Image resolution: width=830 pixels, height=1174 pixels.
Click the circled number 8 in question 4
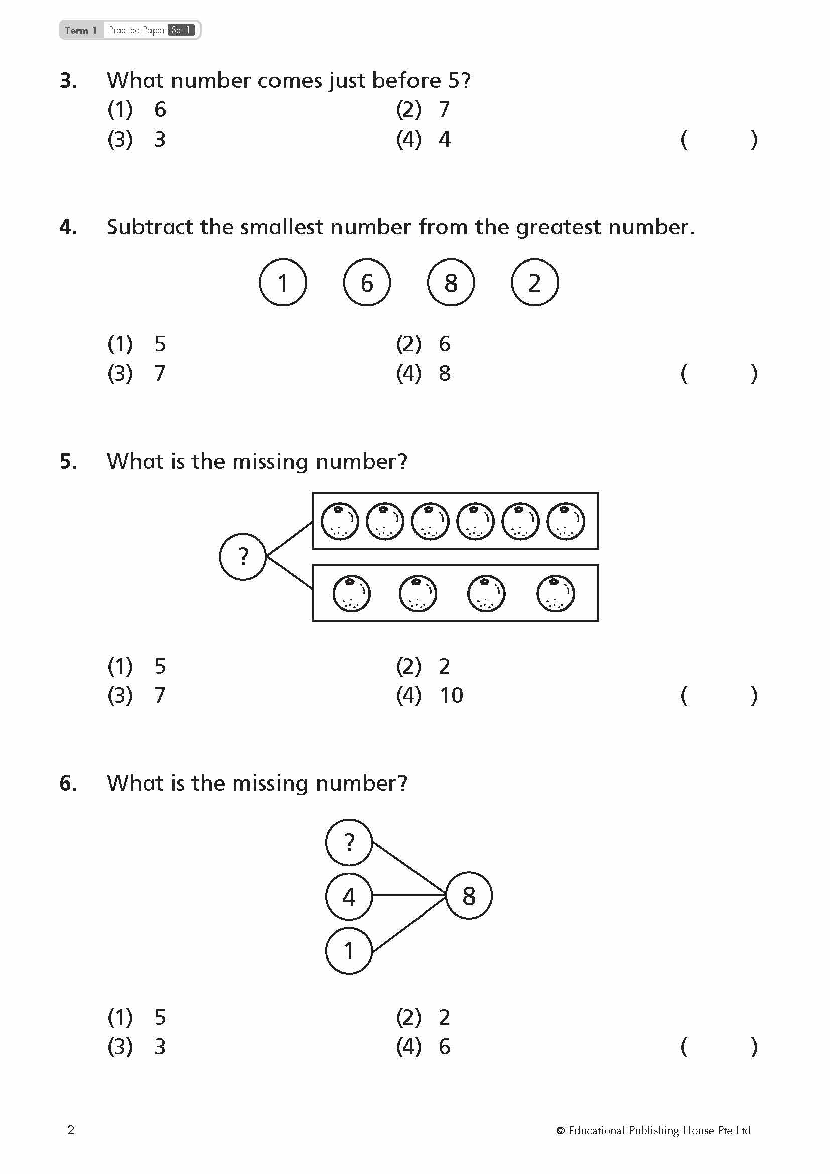(x=450, y=282)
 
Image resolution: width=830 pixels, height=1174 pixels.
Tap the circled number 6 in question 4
(x=366, y=282)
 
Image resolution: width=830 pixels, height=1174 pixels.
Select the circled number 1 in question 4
(x=283, y=282)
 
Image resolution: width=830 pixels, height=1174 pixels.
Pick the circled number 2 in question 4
(x=534, y=282)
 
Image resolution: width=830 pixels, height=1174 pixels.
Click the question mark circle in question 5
(x=243, y=556)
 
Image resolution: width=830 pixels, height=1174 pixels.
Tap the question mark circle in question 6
(x=349, y=842)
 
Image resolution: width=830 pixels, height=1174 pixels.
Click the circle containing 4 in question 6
(x=349, y=896)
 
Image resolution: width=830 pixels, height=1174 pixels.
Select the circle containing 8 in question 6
(x=469, y=896)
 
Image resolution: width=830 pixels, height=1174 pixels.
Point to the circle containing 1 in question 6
(x=349, y=951)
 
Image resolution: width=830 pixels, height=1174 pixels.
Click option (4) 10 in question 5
(x=430, y=695)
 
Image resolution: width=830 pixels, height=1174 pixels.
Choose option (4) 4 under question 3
(x=424, y=139)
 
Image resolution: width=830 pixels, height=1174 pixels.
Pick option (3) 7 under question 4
(x=136, y=373)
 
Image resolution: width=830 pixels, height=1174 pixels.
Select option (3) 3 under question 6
(x=136, y=1047)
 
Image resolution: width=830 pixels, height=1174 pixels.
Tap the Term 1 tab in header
(x=81, y=30)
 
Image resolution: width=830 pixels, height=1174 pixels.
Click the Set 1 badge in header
(x=181, y=30)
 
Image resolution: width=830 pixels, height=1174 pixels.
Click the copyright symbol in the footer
(x=560, y=1130)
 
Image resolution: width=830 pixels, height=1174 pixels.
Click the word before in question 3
(x=406, y=80)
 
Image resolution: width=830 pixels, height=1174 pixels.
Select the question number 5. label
(x=68, y=461)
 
